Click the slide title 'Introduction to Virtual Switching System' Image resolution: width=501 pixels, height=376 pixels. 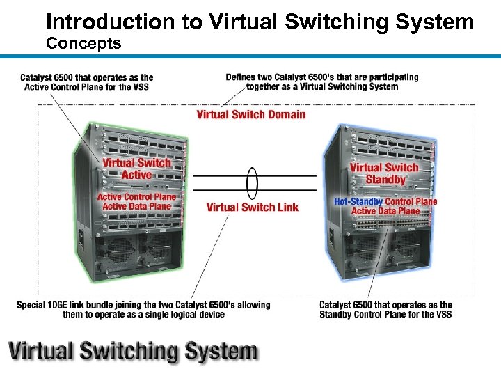pos(260,22)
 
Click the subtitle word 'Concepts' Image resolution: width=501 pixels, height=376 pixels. pos(83,44)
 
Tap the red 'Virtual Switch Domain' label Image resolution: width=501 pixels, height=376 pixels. pos(250,114)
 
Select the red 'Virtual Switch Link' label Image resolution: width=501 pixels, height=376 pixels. pos(252,207)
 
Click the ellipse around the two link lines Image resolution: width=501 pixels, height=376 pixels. pos(252,183)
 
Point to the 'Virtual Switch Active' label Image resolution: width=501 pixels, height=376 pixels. pos(136,169)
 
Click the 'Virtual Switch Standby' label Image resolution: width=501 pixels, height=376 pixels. pos(384,173)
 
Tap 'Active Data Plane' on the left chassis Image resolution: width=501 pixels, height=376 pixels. pos(136,206)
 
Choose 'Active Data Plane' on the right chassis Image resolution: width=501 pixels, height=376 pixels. pos(385,211)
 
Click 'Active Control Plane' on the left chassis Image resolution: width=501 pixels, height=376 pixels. pos(136,197)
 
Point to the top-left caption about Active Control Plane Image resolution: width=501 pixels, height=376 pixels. pos(87,82)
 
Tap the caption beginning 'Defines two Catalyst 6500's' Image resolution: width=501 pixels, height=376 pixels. pos(322,81)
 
